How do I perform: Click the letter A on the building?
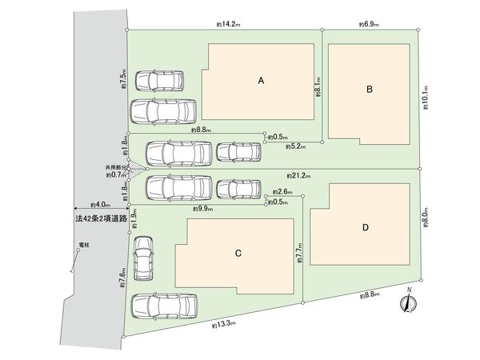point(261,81)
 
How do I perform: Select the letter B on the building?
point(370,90)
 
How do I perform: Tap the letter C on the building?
point(238,254)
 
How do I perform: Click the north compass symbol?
point(409,302)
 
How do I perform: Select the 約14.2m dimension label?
point(228,26)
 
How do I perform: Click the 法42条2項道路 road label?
point(99,218)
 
